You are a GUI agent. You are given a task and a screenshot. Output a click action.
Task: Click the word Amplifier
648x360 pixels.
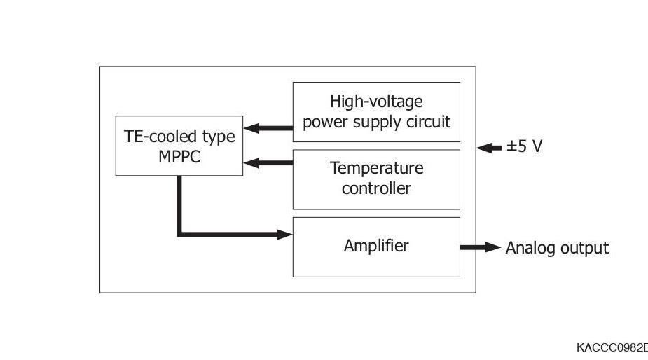tap(376, 246)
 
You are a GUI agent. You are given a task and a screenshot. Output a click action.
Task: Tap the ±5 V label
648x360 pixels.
tap(524, 147)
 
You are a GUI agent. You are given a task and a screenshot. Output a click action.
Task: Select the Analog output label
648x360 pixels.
tap(557, 248)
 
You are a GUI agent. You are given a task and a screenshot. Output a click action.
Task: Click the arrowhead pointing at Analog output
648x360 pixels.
tap(494, 247)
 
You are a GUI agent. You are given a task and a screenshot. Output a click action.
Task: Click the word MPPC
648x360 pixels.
tap(179, 156)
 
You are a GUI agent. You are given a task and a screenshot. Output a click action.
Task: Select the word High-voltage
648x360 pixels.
tap(376, 102)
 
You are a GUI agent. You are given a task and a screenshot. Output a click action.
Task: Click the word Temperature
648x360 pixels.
tap(376, 169)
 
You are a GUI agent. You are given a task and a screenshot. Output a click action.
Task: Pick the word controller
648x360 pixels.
tap(376, 188)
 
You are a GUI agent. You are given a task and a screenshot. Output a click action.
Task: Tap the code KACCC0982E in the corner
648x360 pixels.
tap(611, 348)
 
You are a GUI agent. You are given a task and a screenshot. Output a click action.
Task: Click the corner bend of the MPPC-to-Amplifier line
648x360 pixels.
tap(180, 234)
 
